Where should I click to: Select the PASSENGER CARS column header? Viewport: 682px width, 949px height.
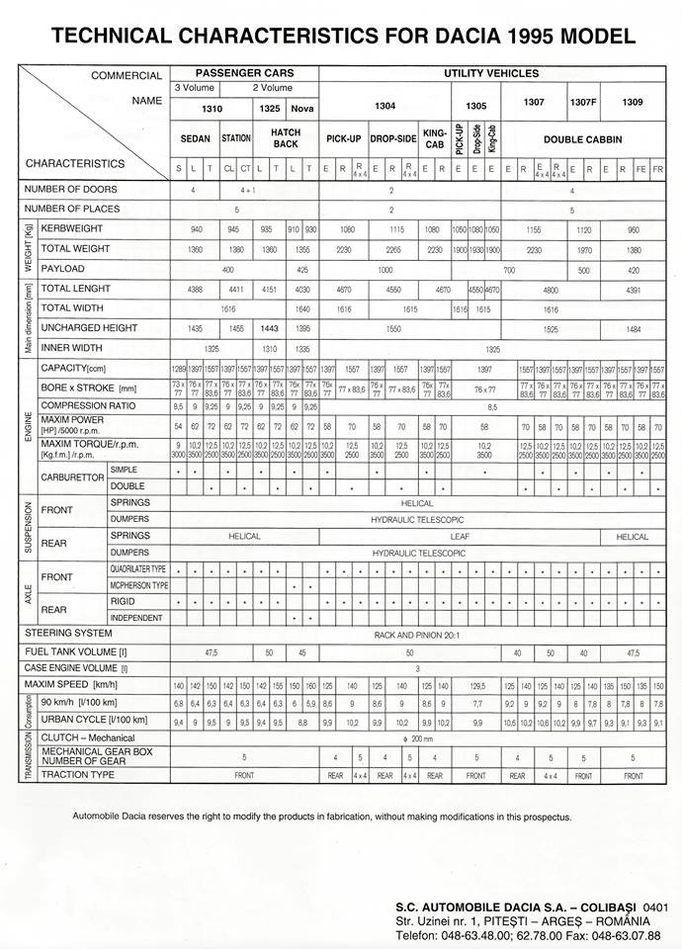pyautogui.click(x=244, y=73)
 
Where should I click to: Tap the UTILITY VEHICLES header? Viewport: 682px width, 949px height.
pyautogui.click(x=491, y=73)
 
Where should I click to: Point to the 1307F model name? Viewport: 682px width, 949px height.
pyautogui.click(x=583, y=102)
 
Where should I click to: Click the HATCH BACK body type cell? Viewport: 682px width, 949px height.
pyautogui.click(x=286, y=138)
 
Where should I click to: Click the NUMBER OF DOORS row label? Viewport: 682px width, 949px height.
pyautogui.click(x=71, y=189)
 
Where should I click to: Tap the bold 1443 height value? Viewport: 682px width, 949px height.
pyautogui.click(x=269, y=327)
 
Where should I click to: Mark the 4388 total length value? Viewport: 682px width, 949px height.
pyautogui.click(x=197, y=288)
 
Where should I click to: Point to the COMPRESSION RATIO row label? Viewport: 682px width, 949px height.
pyautogui.click(x=88, y=406)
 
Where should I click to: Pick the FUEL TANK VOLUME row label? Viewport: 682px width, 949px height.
pyautogui.click(x=76, y=652)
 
